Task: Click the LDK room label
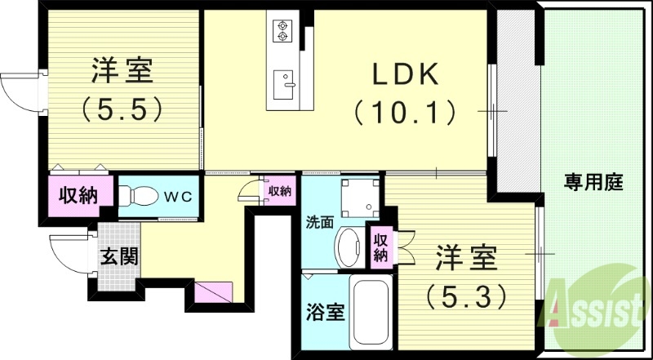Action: click(405, 76)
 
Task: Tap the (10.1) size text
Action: click(405, 111)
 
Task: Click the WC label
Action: click(179, 196)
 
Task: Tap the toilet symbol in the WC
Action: click(141, 197)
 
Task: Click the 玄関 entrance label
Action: click(118, 256)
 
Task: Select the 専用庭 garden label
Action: click(594, 183)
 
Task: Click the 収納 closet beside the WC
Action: click(79, 196)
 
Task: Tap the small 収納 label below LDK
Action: click(279, 191)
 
